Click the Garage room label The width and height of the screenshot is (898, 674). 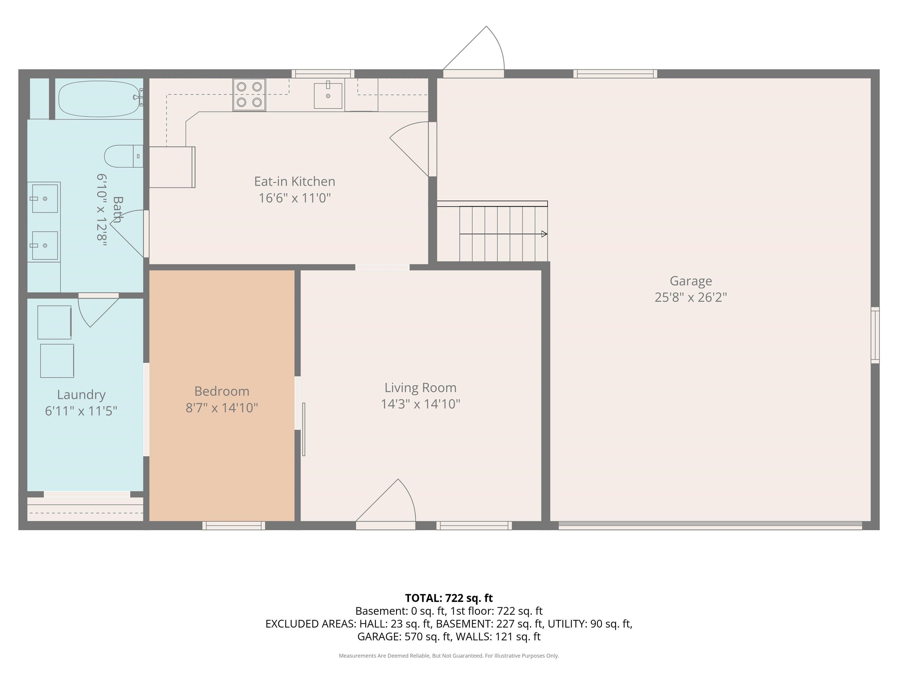coord(690,281)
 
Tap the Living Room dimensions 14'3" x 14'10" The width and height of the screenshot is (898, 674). coord(421,404)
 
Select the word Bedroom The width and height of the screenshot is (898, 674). coord(222,391)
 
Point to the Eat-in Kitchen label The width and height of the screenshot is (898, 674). coord(295,181)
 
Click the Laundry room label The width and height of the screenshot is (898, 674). coord(81,395)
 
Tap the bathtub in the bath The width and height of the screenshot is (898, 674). coord(100,99)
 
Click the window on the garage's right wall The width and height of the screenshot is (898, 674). coord(875,335)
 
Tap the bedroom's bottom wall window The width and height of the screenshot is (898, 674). coord(234,526)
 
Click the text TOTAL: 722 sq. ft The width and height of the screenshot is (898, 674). coord(449,598)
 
